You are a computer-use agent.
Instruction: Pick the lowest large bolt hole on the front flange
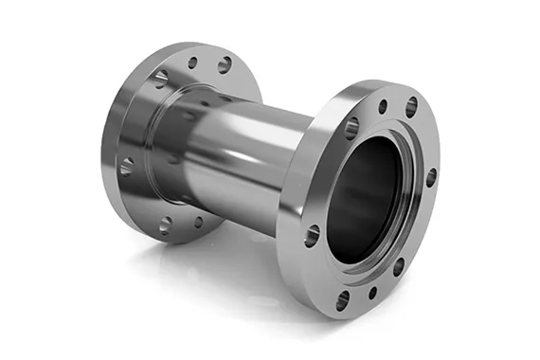point(343,301)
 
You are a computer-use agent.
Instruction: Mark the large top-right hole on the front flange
point(412,106)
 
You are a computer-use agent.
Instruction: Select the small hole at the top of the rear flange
point(192,63)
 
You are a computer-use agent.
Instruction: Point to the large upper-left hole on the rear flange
point(161,79)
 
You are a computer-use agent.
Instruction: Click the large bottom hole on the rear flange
point(166,225)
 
